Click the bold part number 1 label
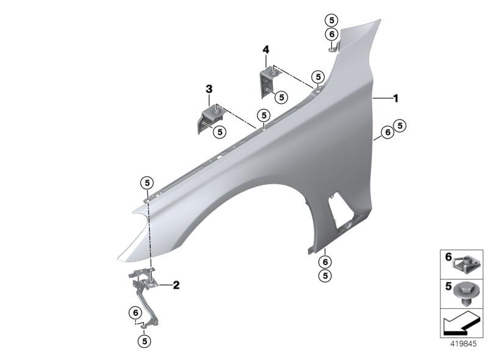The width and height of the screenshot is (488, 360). pos(395,98)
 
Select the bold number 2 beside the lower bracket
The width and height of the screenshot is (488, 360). pos(176,285)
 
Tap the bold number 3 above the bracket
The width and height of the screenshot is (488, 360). pos(209,89)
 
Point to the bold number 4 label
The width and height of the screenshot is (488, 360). pos(266,49)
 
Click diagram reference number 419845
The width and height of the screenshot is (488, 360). pos(464,344)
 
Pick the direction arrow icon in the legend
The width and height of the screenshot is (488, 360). pos(462,324)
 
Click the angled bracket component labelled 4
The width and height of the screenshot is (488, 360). pos(269,82)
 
